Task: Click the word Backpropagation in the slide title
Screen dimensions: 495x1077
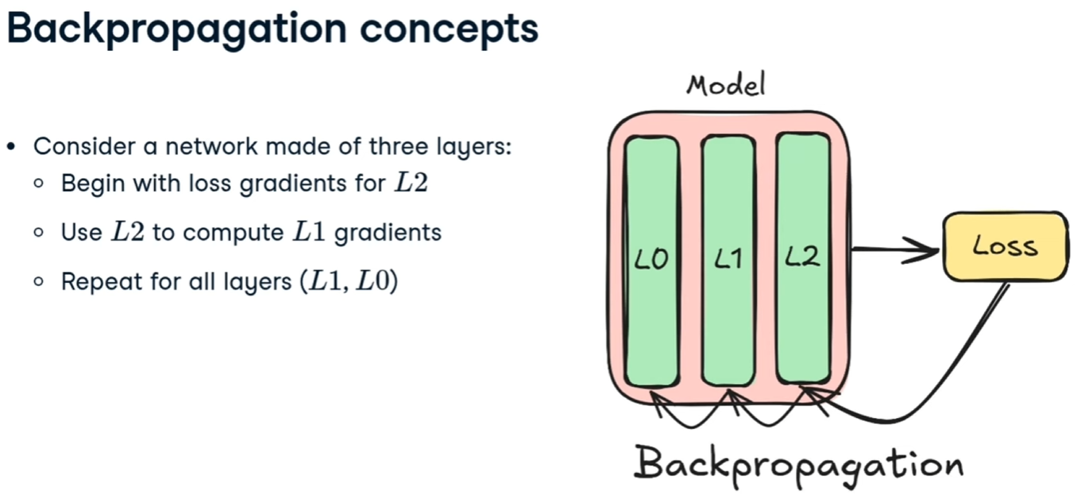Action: (176, 29)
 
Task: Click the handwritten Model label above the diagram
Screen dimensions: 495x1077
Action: (726, 84)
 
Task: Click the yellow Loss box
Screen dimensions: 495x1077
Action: (1005, 246)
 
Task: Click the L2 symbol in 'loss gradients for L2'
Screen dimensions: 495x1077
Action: (411, 184)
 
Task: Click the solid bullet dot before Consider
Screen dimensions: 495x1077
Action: (11, 147)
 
